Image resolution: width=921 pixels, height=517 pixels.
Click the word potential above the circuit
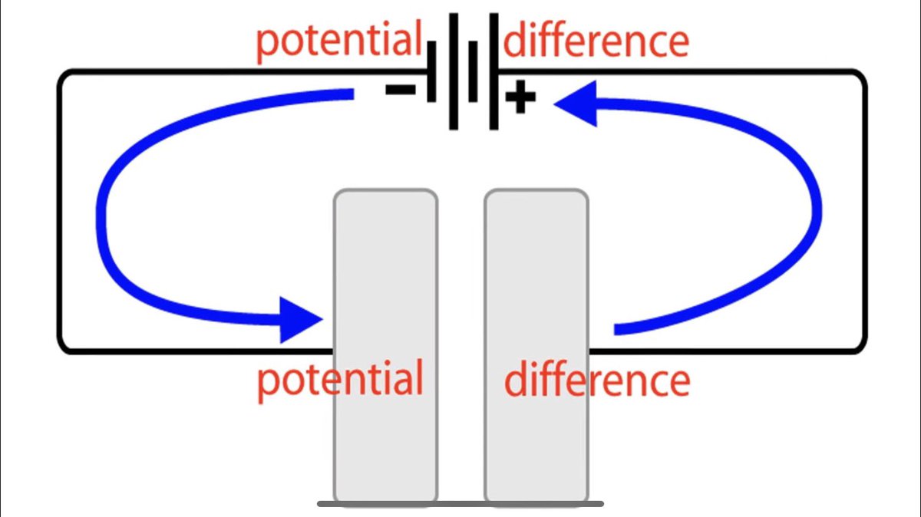[338, 41]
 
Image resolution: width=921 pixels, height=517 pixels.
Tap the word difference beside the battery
[596, 40]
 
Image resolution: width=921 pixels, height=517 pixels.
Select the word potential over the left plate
[340, 378]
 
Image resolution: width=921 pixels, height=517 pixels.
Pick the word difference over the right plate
[596, 380]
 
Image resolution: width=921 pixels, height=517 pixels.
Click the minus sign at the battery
[400, 90]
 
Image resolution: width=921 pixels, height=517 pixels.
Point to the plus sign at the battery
[520, 99]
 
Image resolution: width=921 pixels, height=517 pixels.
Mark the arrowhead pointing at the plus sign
[574, 104]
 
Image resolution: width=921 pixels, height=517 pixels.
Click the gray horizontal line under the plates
[460, 504]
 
